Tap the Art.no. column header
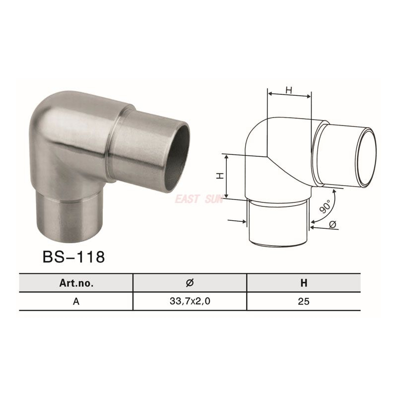(76, 283)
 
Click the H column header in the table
(304, 283)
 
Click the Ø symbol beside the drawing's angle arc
(334, 225)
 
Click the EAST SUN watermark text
(197, 199)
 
